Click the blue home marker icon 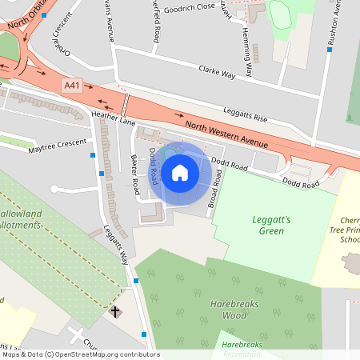tap(180, 171)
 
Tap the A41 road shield tap(73, 83)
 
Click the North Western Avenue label tap(226, 133)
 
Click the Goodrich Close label tap(189, 7)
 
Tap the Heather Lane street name tap(113, 118)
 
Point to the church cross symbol tap(115, 310)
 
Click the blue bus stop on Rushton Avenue tap(329, 49)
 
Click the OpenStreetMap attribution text tap(80, 354)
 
